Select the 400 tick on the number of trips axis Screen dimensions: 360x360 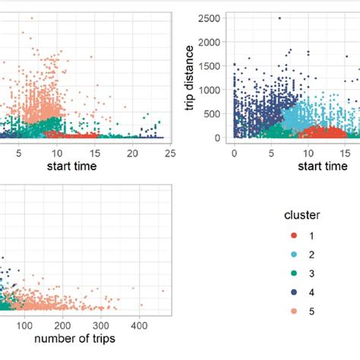pos(138,325)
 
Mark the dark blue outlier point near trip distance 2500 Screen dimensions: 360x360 pos(279,18)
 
